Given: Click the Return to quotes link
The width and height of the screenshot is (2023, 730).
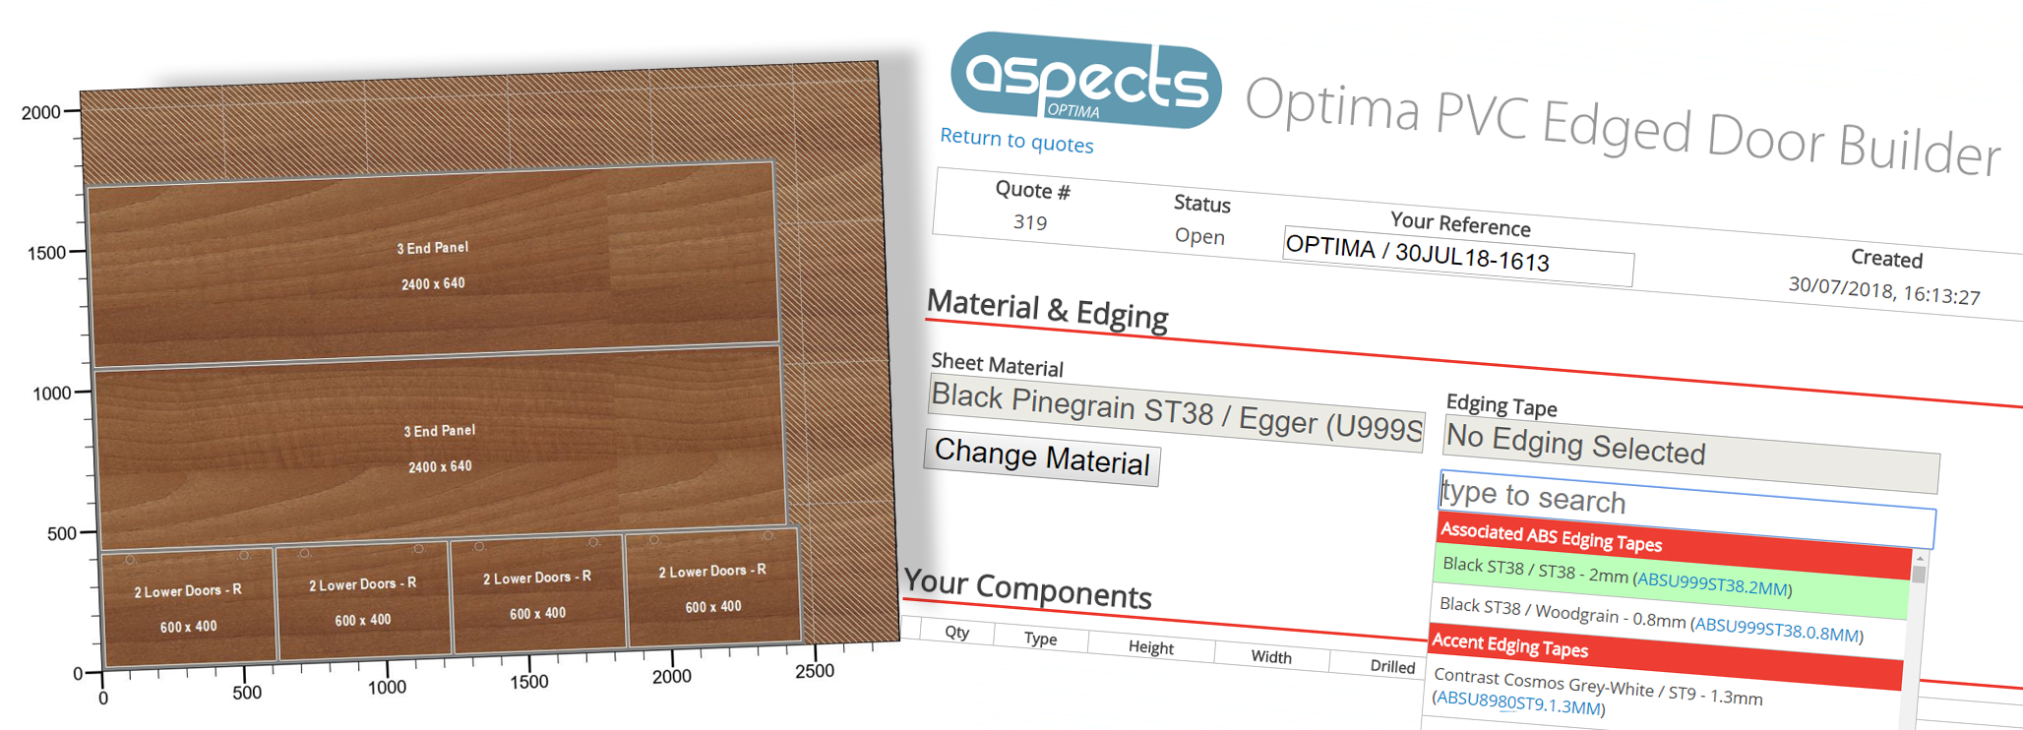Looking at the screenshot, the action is pyautogui.click(x=1016, y=141).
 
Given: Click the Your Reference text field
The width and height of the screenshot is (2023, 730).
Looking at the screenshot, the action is pyautogui.click(x=1458, y=256).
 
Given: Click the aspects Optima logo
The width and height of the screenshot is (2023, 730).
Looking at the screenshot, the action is pyautogui.click(x=1085, y=81).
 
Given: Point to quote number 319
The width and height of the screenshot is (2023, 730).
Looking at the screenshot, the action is pyautogui.click(x=1030, y=222).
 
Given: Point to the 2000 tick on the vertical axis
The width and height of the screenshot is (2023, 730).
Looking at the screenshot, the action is pyautogui.click(x=71, y=111).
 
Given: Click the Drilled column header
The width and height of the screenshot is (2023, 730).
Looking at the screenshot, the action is pyautogui.click(x=1392, y=666).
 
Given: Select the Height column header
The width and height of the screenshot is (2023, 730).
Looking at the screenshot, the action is pyautogui.click(x=1151, y=646).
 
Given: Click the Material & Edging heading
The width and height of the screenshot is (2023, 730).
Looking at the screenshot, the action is pyautogui.click(x=1047, y=309).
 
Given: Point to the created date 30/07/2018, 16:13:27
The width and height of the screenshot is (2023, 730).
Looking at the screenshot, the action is pyautogui.click(x=1884, y=290).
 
